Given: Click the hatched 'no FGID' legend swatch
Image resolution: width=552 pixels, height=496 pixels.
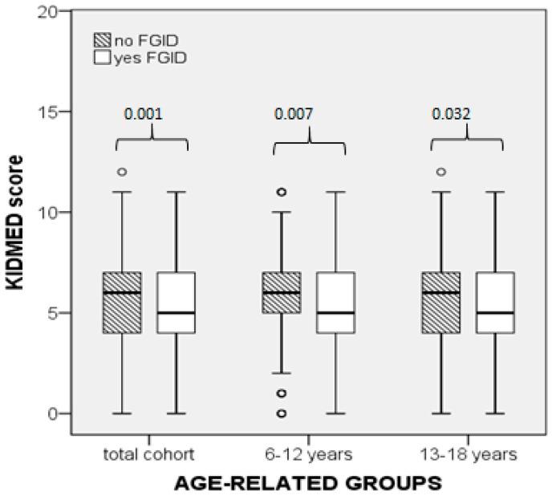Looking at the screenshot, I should [102, 41].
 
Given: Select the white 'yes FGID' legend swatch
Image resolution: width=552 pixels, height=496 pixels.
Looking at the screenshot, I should [102, 57].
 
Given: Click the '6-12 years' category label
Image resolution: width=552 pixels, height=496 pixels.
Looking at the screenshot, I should [309, 454].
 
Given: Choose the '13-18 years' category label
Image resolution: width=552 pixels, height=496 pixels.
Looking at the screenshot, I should [469, 454].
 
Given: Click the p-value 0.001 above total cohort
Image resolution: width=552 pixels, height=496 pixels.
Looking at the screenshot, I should [143, 114].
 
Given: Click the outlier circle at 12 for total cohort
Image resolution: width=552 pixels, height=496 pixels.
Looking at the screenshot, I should [122, 172].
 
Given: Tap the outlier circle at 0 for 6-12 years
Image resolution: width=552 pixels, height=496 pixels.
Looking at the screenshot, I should [281, 413].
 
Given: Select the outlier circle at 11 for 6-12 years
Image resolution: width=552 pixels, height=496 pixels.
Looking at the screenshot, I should [281, 192].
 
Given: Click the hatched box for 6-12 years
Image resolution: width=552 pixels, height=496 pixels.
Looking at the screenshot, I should [281, 292].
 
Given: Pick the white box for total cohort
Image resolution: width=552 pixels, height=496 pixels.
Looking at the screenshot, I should [176, 302].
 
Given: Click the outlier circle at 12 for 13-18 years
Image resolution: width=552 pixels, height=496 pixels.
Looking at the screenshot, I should [440, 172].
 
